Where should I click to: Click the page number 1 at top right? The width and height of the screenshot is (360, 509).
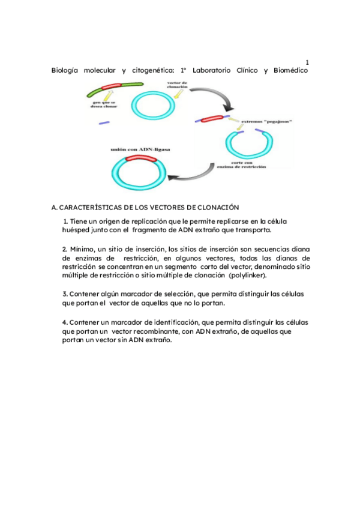(x=307, y=62)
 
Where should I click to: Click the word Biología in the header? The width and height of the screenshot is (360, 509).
(x=65, y=71)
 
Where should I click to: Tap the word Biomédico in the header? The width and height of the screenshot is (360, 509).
(x=290, y=71)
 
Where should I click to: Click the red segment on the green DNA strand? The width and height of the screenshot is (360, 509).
(x=112, y=88)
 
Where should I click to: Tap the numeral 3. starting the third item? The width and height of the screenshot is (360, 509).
(x=65, y=294)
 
